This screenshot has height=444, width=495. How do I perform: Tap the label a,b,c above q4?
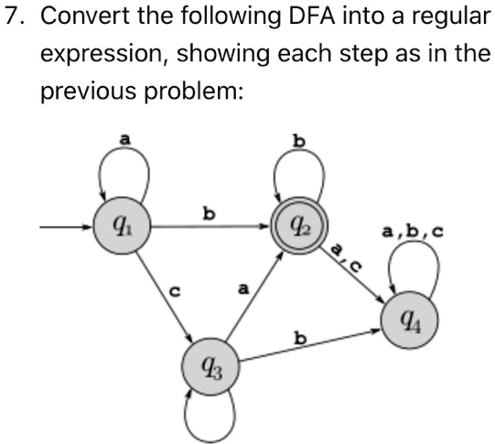tap(414, 233)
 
